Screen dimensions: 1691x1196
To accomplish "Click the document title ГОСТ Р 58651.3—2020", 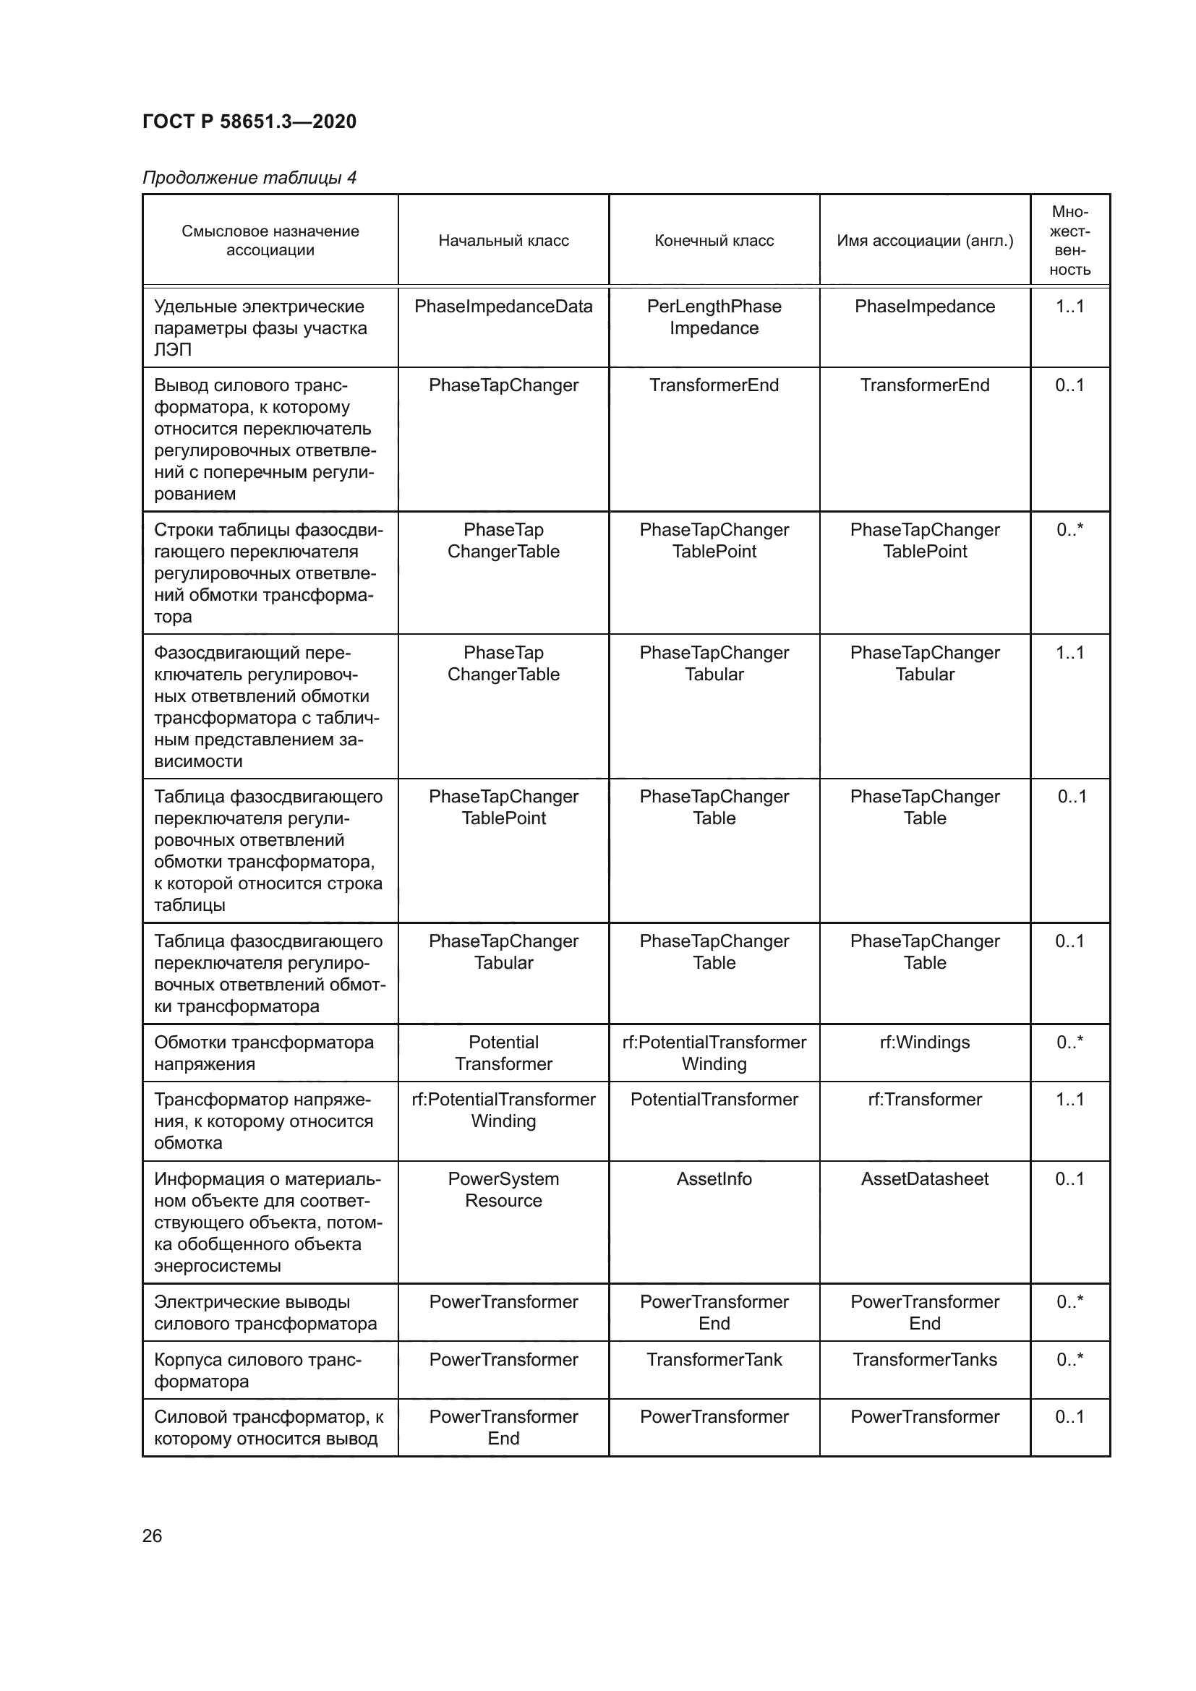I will coord(249,121).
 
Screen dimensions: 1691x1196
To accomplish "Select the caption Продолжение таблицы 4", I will coord(249,178).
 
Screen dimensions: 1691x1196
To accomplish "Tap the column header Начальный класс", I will coord(503,241).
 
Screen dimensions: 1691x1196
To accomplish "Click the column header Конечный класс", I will coord(714,241).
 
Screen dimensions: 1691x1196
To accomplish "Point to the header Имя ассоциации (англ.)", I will coord(924,241).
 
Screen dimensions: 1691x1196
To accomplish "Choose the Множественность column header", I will coord(1069,241).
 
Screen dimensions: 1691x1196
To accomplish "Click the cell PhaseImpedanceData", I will coord(503,307).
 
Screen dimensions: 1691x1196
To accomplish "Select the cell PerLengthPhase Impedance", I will coord(714,317).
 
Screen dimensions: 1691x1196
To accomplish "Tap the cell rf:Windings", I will coord(924,1043).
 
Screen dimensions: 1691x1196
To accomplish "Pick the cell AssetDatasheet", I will coord(924,1179).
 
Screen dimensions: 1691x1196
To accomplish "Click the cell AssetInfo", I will coord(714,1179).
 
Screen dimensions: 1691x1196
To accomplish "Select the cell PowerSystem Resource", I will coord(503,1189).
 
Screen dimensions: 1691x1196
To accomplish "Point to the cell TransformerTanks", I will coord(924,1360).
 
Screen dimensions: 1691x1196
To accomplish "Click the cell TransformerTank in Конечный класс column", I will coord(714,1360).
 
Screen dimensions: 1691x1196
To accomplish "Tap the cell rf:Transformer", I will coord(924,1100).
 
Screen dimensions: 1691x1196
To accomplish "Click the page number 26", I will coord(152,1536).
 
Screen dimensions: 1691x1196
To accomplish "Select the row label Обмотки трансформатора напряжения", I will coord(264,1053).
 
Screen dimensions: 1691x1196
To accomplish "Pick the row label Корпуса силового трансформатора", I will coord(257,1370).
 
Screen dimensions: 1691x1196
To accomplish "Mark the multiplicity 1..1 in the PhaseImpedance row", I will coord(1069,307).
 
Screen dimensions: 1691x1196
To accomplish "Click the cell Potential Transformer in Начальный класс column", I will coord(503,1053).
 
